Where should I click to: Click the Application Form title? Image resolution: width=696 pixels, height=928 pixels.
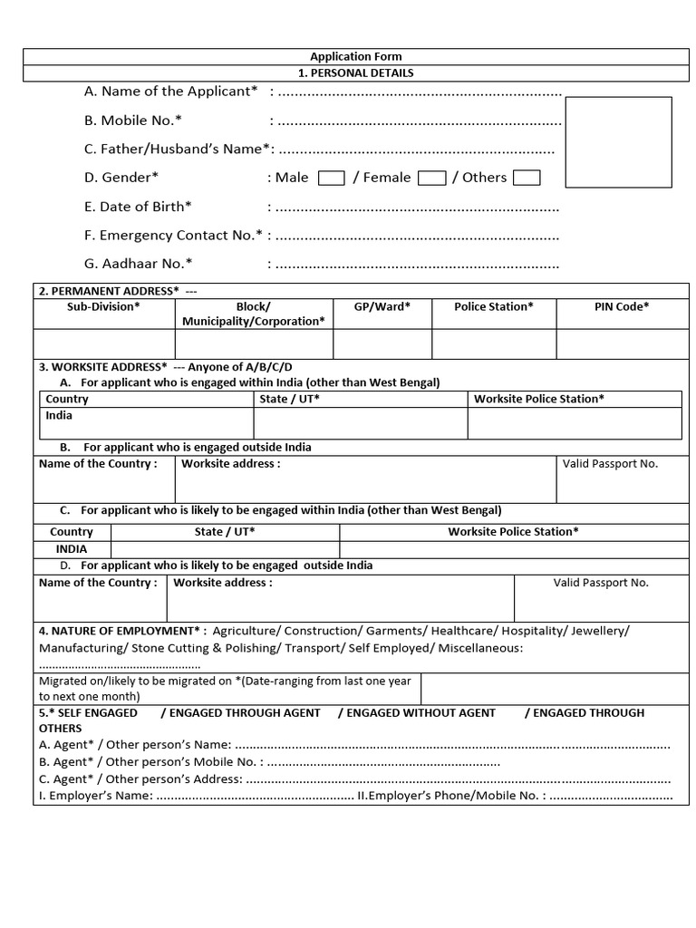[355, 56]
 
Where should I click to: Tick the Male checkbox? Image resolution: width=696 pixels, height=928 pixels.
[332, 178]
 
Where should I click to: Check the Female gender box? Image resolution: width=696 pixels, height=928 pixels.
[431, 178]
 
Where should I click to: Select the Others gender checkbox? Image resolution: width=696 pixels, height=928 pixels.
[527, 178]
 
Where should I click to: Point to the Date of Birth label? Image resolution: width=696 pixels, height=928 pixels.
[138, 207]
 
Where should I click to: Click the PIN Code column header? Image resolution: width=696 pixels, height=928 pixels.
[622, 306]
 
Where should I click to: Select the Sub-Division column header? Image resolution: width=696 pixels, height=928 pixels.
[103, 306]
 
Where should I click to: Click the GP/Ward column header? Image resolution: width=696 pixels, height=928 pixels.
[382, 306]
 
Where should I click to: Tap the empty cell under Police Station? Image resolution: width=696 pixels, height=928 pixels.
[493, 344]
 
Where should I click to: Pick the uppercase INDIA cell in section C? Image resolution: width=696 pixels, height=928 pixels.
[72, 549]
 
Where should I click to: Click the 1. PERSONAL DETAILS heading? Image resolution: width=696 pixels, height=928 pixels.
[355, 72]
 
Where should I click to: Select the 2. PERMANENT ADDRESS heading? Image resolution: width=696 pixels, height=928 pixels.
[109, 291]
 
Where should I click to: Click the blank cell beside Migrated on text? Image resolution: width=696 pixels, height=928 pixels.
[555, 688]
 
